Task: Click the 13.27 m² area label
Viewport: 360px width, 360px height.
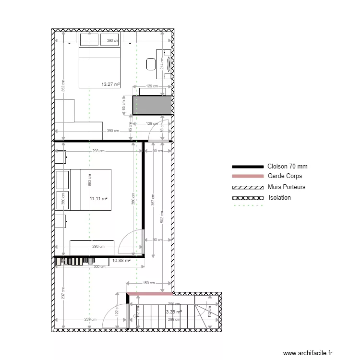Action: [110, 84]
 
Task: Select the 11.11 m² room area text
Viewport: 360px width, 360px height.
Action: [98, 198]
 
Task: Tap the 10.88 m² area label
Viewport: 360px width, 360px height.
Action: [121, 261]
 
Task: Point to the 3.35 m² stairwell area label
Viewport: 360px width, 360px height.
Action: [174, 312]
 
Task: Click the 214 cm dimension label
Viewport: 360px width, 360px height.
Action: [162, 62]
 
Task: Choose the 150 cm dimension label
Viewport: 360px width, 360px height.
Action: [149, 283]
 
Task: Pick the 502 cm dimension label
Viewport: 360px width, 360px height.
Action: [162, 216]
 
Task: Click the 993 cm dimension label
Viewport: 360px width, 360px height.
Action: [89, 180]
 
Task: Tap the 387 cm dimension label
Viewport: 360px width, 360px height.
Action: [153, 199]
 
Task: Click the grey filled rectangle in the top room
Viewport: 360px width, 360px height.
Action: [153, 105]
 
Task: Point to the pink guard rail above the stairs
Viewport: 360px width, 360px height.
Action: [149, 294]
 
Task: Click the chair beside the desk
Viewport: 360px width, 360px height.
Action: [151, 64]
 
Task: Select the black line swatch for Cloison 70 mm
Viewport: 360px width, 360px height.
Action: [248, 167]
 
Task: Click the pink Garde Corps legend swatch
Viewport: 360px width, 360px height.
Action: [248, 176]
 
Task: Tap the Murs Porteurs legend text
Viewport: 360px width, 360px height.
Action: [287, 187]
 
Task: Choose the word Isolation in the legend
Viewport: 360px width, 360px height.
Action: [280, 197]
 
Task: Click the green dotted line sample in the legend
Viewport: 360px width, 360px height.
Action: [248, 206]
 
